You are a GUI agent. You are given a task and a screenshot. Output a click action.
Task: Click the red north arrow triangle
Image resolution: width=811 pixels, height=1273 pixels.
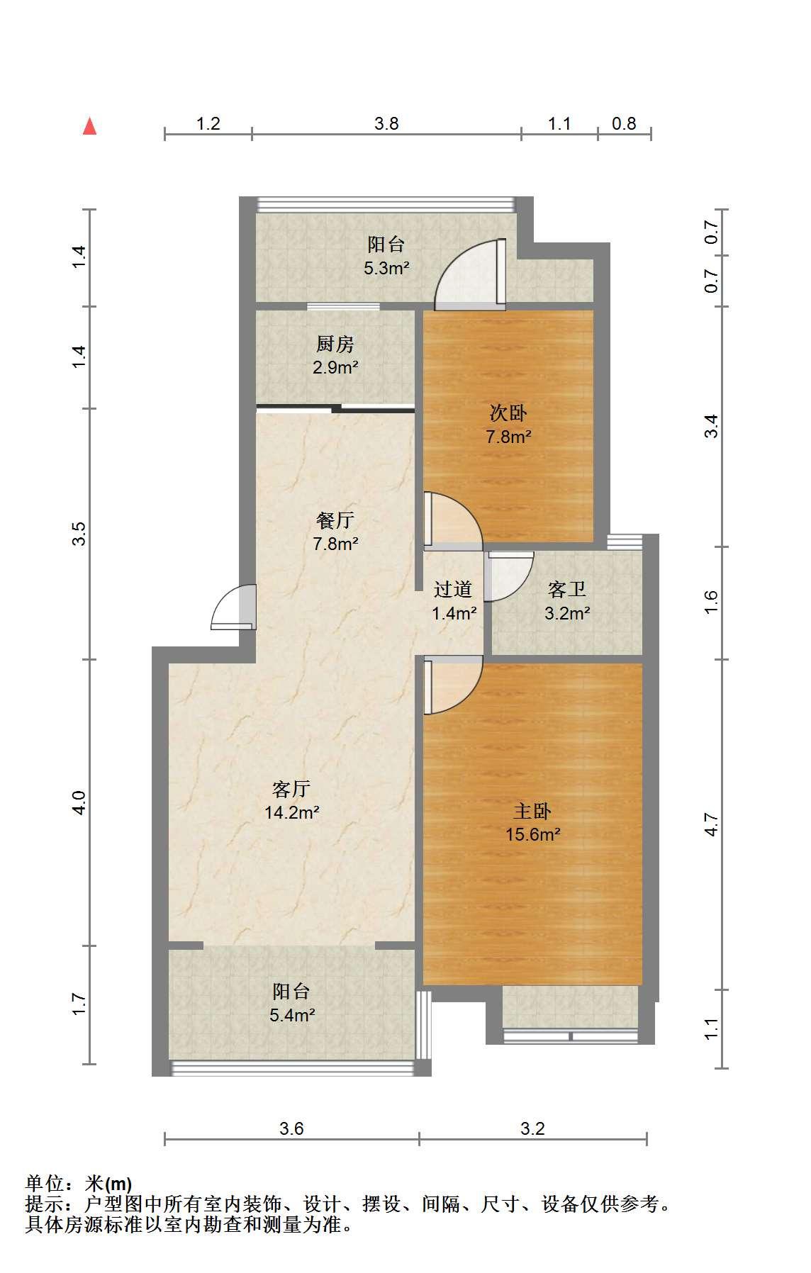89,126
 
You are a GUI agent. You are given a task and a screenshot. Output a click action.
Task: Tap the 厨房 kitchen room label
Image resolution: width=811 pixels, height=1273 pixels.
335,344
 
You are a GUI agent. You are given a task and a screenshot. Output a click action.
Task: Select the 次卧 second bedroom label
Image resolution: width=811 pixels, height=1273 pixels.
508,413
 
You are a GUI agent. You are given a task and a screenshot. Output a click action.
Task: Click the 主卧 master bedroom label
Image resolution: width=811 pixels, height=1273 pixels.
533,811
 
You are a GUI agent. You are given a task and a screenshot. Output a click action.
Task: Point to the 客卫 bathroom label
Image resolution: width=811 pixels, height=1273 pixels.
567,589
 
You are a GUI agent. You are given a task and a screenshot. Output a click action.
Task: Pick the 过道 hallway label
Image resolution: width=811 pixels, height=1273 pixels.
453,589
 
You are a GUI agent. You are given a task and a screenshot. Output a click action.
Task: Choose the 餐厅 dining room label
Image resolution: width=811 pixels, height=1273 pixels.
335,520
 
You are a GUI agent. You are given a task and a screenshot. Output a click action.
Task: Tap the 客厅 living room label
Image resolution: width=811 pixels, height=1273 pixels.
291,788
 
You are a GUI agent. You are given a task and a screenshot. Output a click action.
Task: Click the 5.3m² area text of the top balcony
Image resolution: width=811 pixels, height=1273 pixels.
386,268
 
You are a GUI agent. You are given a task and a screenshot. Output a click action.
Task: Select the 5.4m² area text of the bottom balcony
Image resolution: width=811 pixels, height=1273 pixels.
292,1014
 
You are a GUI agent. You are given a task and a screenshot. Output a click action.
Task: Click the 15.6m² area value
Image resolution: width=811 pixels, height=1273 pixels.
533,834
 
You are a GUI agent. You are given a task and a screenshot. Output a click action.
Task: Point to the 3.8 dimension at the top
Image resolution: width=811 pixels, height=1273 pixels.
386,123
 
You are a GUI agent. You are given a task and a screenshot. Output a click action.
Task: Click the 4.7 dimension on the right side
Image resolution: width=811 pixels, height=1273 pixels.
712,824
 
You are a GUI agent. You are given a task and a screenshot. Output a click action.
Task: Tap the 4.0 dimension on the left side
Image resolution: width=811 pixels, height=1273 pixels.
79,802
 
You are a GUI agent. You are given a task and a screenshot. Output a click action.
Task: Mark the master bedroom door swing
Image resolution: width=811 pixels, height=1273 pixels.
453,685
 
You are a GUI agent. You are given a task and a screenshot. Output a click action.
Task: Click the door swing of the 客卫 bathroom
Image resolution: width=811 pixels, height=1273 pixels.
509,576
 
